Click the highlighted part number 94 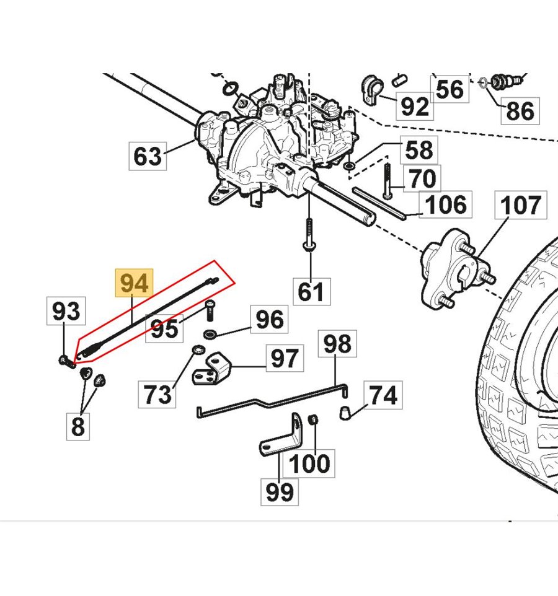(135, 283)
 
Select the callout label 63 (148, 156)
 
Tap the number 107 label (521, 205)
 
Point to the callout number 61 (311, 292)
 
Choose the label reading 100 (309, 463)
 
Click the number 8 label (78, 426)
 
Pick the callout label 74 (383, 395)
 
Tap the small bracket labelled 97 (212, 369)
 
